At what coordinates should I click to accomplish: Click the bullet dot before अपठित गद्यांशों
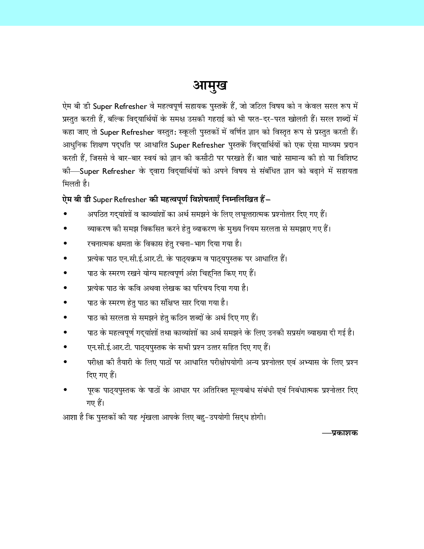tap(65, 214)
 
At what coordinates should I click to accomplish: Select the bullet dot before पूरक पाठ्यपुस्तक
tap(65, 391)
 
